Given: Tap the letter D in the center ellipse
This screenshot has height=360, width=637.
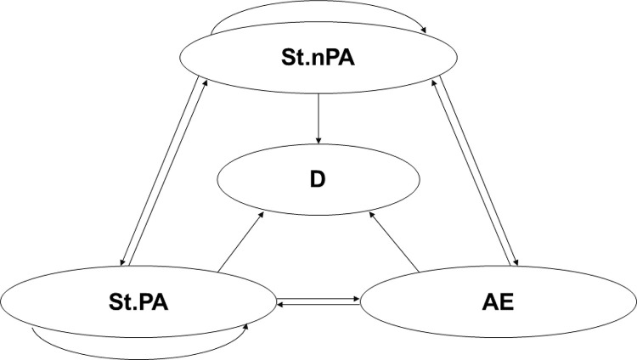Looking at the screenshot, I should (319, 180).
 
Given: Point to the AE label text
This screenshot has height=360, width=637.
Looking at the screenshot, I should (499, 301).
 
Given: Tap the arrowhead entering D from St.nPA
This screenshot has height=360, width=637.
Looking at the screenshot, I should (317, 139).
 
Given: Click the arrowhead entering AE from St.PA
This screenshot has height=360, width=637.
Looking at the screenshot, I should (356, 298).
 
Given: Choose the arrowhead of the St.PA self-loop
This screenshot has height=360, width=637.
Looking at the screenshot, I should (247, 325).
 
